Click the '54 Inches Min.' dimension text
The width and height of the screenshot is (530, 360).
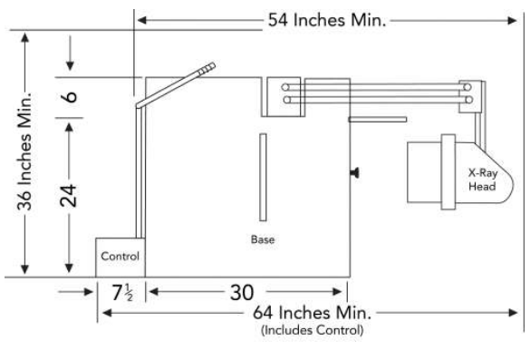(326, 20)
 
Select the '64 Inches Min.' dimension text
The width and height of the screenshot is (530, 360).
(312, 313)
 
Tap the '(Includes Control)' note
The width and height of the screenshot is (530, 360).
(313, 330)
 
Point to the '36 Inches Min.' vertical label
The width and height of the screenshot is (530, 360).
(24, 151)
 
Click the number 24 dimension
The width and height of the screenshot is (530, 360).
(68, 196)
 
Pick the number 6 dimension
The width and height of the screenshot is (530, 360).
(71, 97)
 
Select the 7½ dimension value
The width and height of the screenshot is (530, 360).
(122, 293)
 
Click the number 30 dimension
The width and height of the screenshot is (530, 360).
(242, 293)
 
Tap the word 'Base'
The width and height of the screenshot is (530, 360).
(263, 239)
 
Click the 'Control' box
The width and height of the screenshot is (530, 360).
(120, 258)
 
